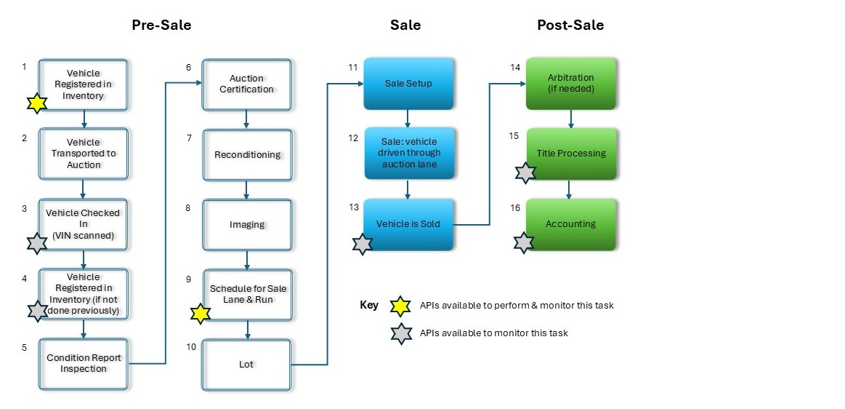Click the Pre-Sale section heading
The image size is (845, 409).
[161, 25]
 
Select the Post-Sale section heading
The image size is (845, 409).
[570, 25]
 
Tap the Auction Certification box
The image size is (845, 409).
[246, 84]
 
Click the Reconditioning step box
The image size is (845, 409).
[247, 155]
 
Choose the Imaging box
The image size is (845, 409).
[247, 225]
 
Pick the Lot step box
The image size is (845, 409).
[246, 364]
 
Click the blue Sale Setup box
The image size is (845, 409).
[408, 84]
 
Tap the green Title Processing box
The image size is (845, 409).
[571, 154]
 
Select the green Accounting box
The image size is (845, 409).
[571, 224]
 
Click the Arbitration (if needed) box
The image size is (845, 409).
[571, 83]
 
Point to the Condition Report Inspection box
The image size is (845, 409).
[83, 363]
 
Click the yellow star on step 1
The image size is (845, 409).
[36, 103]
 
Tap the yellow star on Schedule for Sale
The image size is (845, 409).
[201, 314]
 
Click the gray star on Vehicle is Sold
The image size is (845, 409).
[362, 244]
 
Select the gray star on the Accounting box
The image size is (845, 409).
[524, 243]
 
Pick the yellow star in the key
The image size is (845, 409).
[401, 306]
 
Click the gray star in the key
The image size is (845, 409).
[401, 333]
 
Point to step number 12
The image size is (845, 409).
[353, 138]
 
